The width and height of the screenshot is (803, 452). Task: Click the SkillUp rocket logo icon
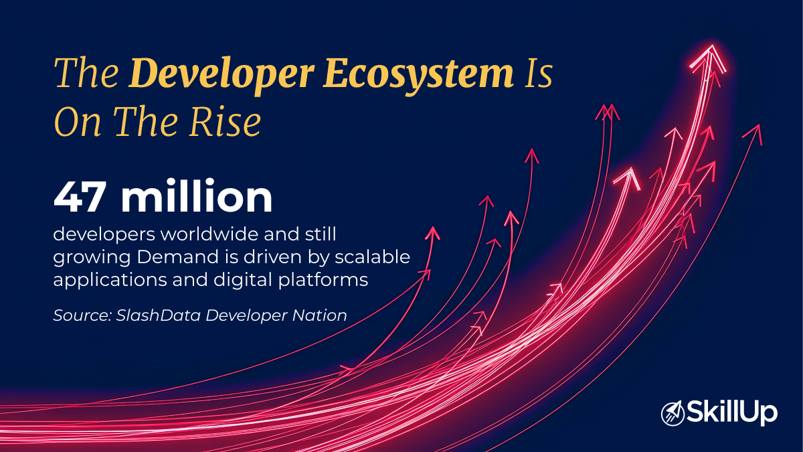click(x=671, y=412)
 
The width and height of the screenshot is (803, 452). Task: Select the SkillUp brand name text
click(x=730, y=412)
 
